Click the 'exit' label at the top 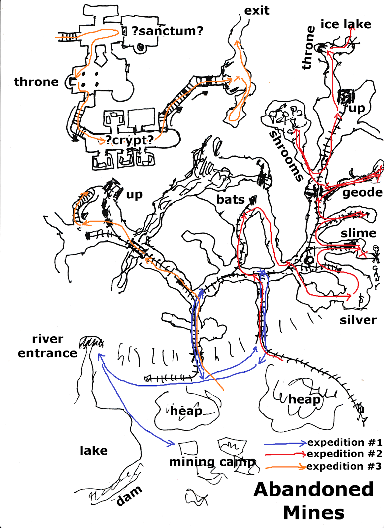(256, 11)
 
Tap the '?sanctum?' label (167, 31)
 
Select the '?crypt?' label (129, 140)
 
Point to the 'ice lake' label (345, 24)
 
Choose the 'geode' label (362, 192)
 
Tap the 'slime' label (358, 233)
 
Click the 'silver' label (358, 320)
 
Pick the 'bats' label (230, 200)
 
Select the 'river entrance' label (48, 346)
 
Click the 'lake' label (94, 450)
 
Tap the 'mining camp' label (212, 462)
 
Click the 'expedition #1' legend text (344, 442)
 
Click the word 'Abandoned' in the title (313, 489)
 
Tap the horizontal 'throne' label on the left (36, 82)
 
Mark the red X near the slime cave (363, 254)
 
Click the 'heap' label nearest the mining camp (186, 411)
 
